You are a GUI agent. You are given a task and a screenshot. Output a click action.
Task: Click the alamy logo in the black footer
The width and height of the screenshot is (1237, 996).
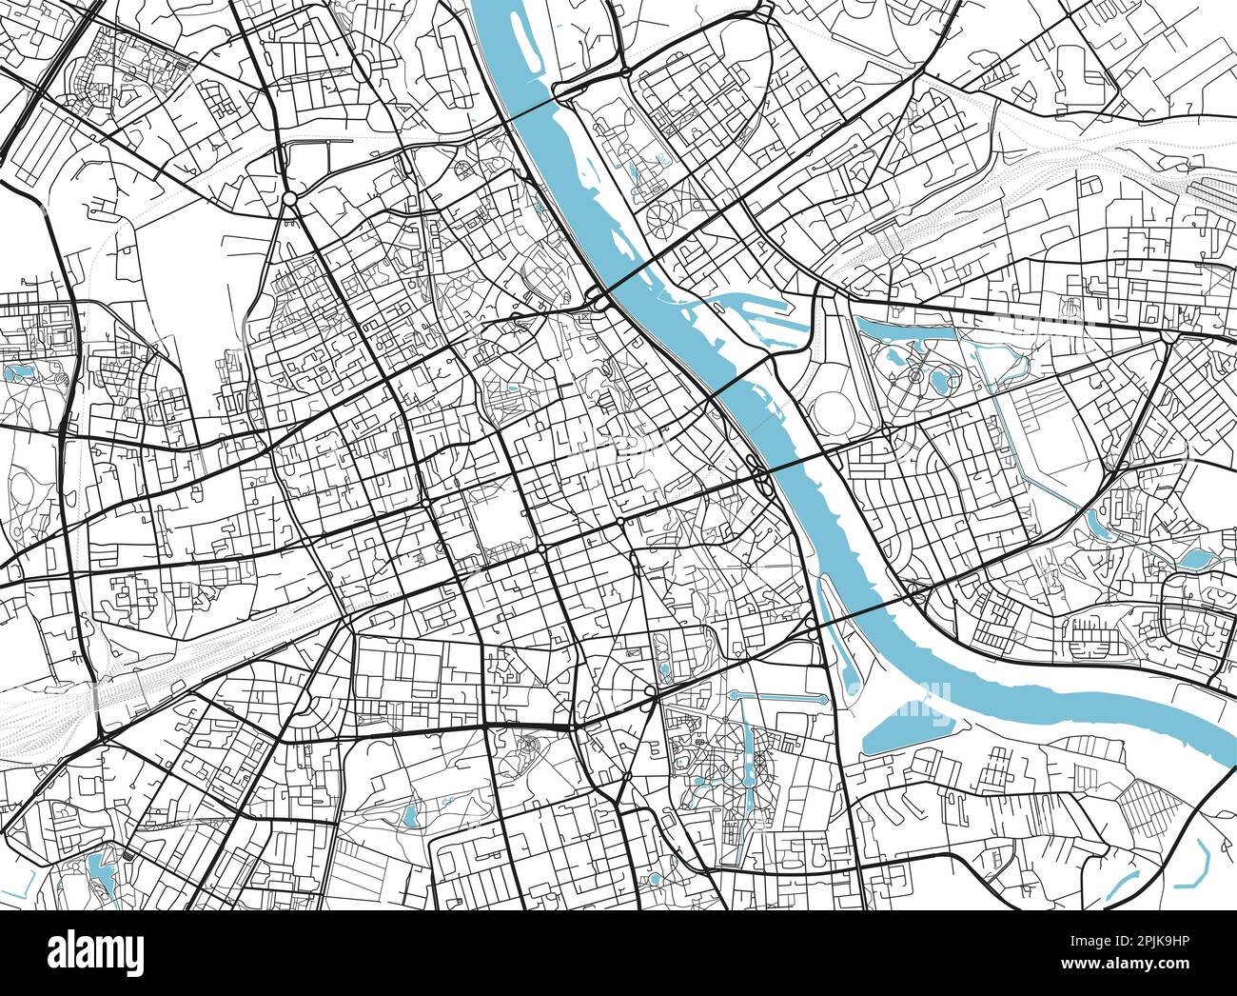click(x=96, y=951)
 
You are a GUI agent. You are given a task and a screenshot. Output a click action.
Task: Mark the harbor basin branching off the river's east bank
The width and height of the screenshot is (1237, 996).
click(x=752, y=309)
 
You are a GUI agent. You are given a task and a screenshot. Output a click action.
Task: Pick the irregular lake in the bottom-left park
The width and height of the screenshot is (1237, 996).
click(x=100, y=872)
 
